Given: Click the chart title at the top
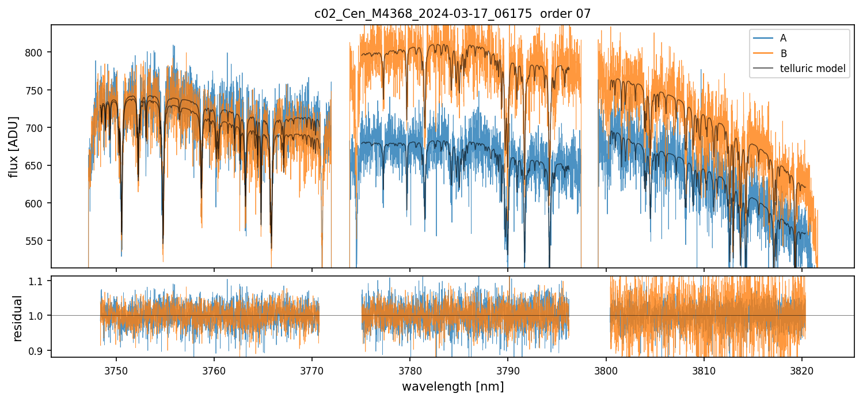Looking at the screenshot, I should (452, 14).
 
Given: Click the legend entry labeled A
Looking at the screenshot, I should (783, 38).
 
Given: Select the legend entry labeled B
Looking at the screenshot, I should (783, 54).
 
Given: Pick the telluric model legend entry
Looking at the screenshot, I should (812, 69).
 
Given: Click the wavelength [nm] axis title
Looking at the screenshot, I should (452, 386).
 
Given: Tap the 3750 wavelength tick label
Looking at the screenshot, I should (116, 369).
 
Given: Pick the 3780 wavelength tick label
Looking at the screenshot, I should (410, 369).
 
